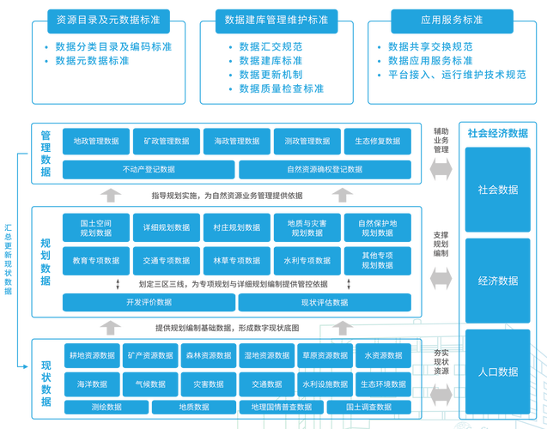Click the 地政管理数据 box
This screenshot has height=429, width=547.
96,142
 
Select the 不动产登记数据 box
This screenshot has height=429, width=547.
149,170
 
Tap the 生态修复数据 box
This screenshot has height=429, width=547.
378,142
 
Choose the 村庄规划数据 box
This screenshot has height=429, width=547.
237,227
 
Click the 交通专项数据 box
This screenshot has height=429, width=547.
167,261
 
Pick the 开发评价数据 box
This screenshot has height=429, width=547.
149,302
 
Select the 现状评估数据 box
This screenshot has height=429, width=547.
325,302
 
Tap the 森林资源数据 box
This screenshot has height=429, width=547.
209,355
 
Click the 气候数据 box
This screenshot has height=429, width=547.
150,384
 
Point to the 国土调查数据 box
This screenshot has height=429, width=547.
368,407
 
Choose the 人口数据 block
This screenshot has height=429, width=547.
498,372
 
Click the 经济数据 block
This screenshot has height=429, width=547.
498,281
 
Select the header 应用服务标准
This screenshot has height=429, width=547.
452,21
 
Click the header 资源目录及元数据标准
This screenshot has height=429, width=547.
108,21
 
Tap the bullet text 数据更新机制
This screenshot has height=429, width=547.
270,75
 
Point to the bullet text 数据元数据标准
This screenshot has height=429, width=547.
92,61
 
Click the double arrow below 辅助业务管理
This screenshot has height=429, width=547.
441,169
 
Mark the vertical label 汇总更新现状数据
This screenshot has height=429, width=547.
8,260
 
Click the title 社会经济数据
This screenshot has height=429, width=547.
498,133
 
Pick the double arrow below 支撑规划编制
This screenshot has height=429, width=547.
441,279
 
